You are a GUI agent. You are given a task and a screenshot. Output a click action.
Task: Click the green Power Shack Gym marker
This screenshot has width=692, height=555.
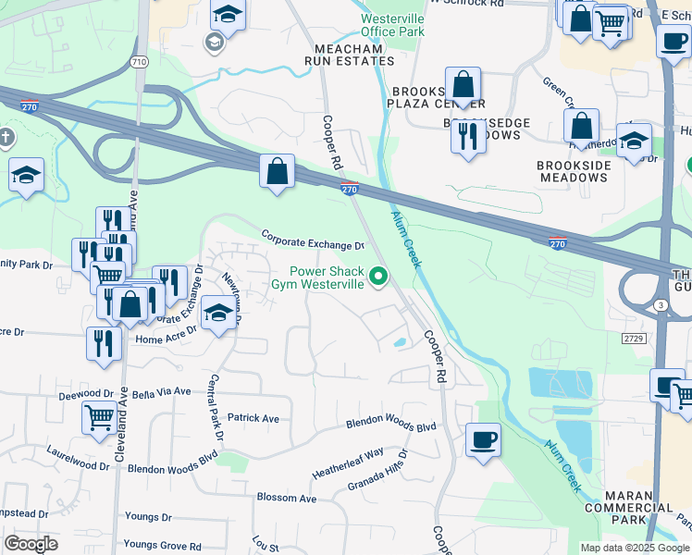pos(377,277)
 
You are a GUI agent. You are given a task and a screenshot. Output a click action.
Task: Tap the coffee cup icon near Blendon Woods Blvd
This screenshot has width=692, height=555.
pos(481,438)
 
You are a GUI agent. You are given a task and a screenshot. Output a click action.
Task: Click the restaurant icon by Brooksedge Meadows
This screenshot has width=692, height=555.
pos(466,137)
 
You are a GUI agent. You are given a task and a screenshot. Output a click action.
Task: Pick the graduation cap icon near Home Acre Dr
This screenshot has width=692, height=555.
pos(217,313)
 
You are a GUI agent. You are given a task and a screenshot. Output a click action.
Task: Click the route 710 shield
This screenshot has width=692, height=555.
pos(139,62)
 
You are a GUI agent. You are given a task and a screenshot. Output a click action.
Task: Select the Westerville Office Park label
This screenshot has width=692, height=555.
pos(391,25)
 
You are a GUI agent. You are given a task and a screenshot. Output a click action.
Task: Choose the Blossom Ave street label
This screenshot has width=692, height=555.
pos(287,498)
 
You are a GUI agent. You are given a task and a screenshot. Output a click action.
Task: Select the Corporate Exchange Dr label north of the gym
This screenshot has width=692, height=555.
pos(313,240)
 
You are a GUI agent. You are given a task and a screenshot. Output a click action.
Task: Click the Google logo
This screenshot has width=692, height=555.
pos(31,544)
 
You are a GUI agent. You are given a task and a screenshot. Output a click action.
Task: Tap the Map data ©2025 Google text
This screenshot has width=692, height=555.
pos(635,548)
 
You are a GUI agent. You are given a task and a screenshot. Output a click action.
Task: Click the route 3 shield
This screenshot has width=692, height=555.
pos(659,304)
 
